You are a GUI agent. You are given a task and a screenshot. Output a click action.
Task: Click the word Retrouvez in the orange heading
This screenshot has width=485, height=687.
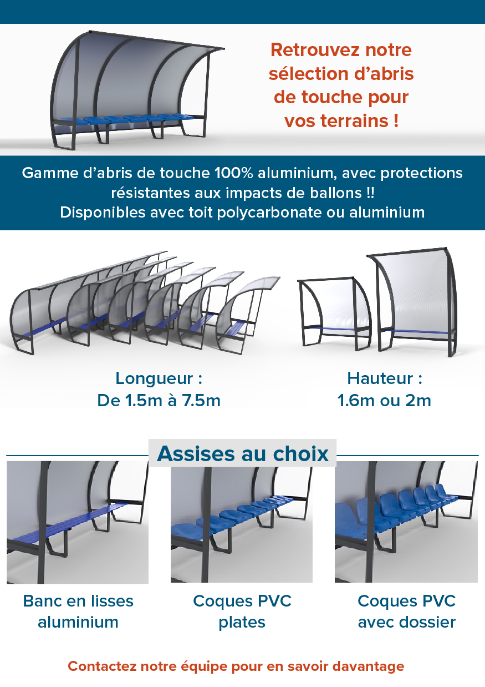[315, 50]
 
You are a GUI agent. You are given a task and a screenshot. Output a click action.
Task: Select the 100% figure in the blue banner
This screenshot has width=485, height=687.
[234, 173]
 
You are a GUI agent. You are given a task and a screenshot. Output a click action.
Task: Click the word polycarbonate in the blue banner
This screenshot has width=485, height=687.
[269, 213]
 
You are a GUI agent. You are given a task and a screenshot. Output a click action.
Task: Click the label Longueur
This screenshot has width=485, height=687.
[155, 378]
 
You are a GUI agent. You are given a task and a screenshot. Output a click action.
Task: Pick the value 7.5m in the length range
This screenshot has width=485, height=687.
[201, 401]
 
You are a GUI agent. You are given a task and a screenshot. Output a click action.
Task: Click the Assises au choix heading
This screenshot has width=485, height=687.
[243, 453]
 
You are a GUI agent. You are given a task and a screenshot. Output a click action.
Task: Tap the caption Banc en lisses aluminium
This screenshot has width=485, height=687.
[78, 612]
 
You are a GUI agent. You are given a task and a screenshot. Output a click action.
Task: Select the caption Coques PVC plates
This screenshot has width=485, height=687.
[242, 612]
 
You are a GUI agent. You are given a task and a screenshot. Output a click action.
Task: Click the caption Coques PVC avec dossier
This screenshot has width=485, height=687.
[406, 612]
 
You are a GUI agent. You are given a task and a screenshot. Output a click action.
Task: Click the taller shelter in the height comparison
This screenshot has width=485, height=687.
[413, 302]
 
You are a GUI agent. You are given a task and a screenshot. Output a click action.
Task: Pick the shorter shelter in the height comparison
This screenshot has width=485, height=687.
[335, 314]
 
